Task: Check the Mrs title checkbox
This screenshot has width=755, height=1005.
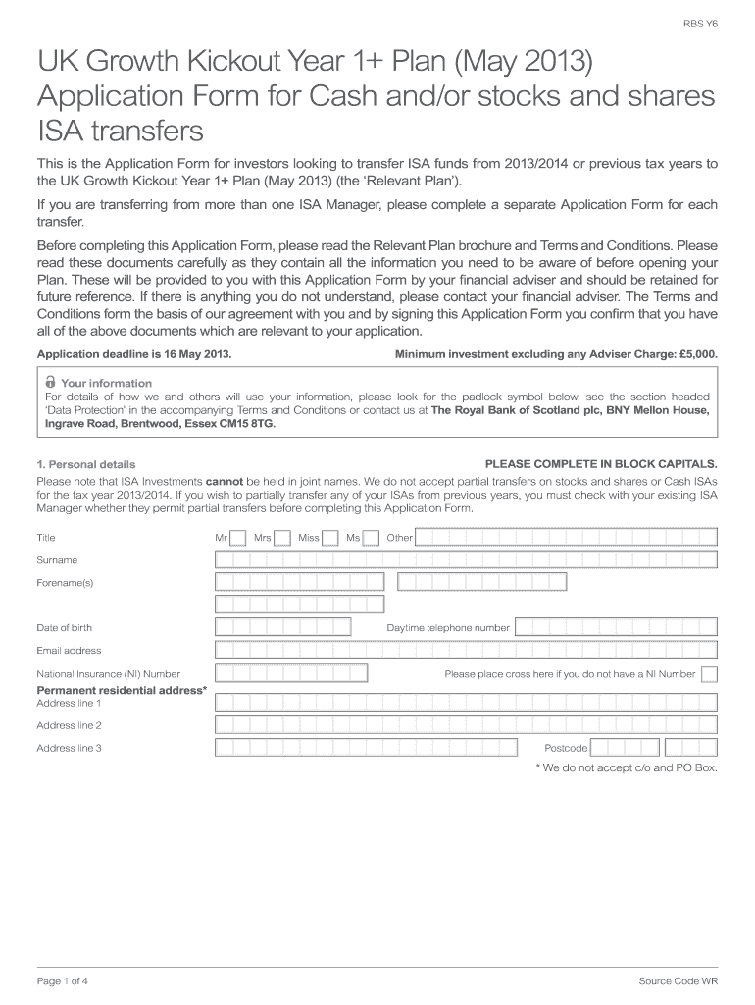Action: pos(282,537)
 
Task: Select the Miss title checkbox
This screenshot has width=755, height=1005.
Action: pos(330,537)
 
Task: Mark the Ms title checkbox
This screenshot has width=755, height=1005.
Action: pos(371,537)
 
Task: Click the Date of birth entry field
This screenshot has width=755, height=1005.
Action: pos(293,627)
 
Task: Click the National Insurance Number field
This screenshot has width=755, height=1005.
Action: pos(291,673)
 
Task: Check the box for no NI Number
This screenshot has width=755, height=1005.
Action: pos(710,674)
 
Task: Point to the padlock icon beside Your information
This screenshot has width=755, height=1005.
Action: pos(50,382)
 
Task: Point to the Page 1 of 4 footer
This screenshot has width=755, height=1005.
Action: pos(63,980)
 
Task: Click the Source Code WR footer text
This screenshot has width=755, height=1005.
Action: pos(678,980)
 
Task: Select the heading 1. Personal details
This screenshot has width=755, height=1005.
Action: pos(86,464)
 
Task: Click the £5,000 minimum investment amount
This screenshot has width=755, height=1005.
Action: pos(695,353)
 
